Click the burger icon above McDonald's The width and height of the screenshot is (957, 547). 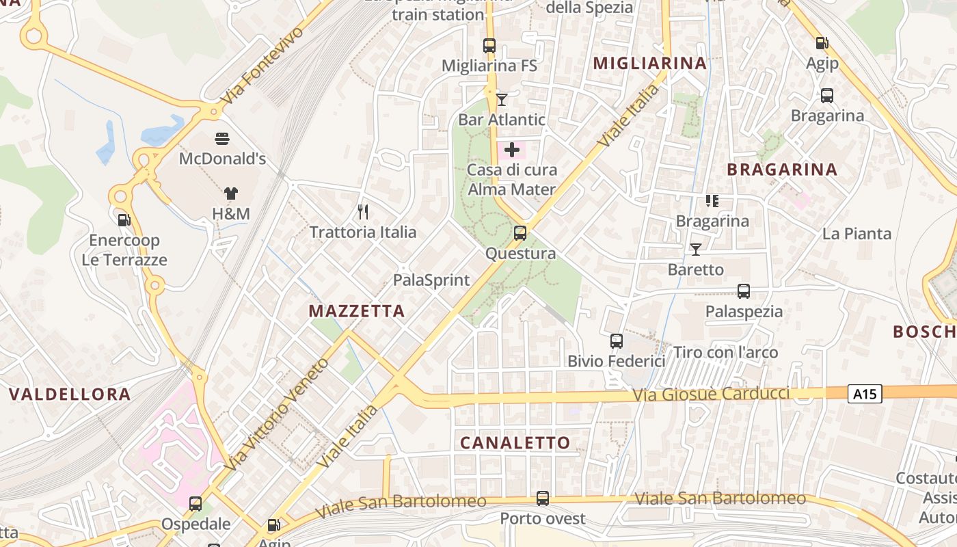click(222, 139)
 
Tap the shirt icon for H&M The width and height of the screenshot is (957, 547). click(230, 194)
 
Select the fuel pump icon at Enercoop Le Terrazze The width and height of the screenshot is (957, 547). click(124, 220)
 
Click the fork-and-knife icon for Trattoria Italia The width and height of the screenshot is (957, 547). click(363, 212)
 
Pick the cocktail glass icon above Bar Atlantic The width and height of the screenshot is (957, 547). click(502, 100)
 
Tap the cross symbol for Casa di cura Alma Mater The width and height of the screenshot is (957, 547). click(512, 150)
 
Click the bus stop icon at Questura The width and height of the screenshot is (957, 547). click(520, 233)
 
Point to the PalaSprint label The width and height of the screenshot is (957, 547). click(431, 280)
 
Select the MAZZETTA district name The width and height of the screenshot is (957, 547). click(357, 311)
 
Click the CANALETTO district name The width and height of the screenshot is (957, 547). click(515, 442)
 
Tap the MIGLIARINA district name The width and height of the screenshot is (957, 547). click(649, 64)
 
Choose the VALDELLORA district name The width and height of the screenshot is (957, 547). click(70, 394)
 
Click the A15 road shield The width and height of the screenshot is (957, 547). click(865, 393)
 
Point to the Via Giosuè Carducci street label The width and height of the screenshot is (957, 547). click(711, 395)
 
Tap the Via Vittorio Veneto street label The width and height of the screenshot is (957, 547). click(276, 414)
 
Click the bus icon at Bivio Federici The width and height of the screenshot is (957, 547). click(617, 341)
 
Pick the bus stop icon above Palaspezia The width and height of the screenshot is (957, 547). click(744, 291)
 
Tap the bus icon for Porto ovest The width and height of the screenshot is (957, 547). click(543, 498)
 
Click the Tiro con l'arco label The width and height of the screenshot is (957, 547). click(726, 353)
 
